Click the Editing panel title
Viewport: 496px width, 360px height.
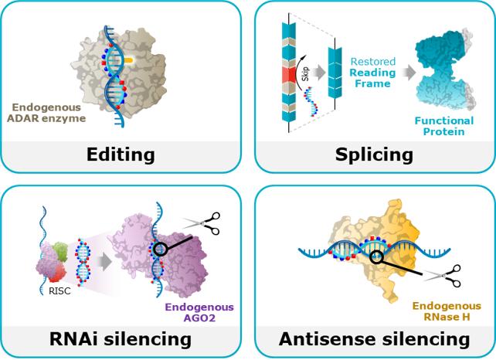click(122, 154)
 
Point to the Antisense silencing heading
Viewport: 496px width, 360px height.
click(375, 338)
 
